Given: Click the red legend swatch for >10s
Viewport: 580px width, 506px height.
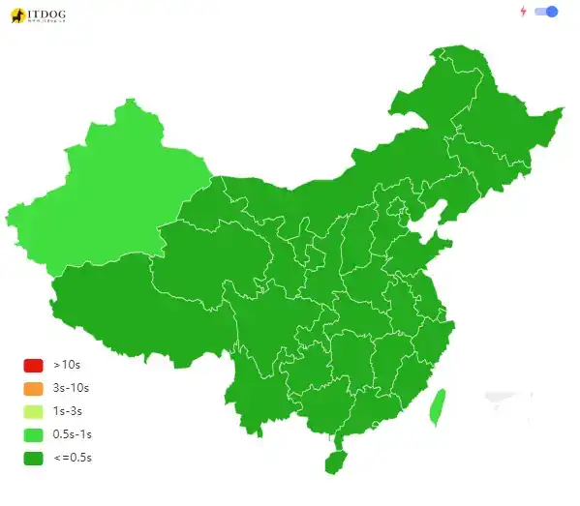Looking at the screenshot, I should pos(34,366).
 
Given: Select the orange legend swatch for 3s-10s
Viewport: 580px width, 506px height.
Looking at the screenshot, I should pos(34,389).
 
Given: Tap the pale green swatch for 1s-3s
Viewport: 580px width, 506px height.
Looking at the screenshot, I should pos(34,411).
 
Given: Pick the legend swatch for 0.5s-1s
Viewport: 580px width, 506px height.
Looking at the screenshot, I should pos(34,434).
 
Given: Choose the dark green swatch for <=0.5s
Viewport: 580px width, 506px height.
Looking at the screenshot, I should pos(34,458).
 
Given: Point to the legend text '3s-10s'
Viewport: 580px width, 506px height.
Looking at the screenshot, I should pos(71,389).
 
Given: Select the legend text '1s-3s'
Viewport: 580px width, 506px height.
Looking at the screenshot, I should pos(68,411).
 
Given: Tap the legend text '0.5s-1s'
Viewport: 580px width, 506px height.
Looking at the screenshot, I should pos(72,434).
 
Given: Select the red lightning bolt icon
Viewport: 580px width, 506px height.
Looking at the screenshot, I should pos(524,12).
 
